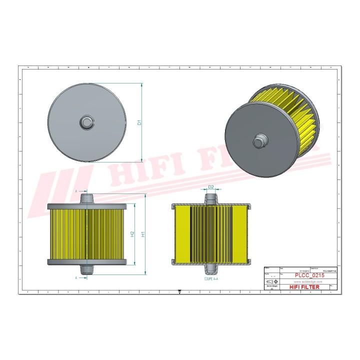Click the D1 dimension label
point(140,121)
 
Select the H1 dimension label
point(143,234)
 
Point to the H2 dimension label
point(132,234)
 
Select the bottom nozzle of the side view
point(87,269)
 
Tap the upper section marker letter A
point(76,191)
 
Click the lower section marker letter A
point(76,276)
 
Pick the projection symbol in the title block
point(271,282)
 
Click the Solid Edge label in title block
point(271,286)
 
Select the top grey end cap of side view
point(87,205)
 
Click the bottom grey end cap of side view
point(87,262)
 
